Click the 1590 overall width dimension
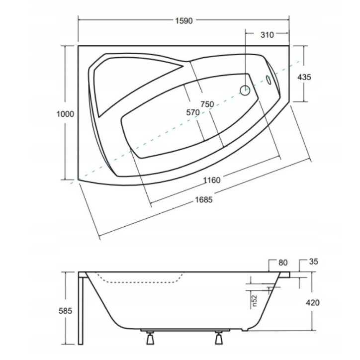(184, 21)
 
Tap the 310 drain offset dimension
(267, 35)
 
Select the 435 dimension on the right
(304, 77)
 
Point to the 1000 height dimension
(66, 114)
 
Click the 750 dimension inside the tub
(207, 104)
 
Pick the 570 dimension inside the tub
(193, 112)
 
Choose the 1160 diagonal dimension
(212, 180)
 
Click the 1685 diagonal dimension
(204, 199)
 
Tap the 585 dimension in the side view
(66, 311)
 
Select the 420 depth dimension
(312, 303)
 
